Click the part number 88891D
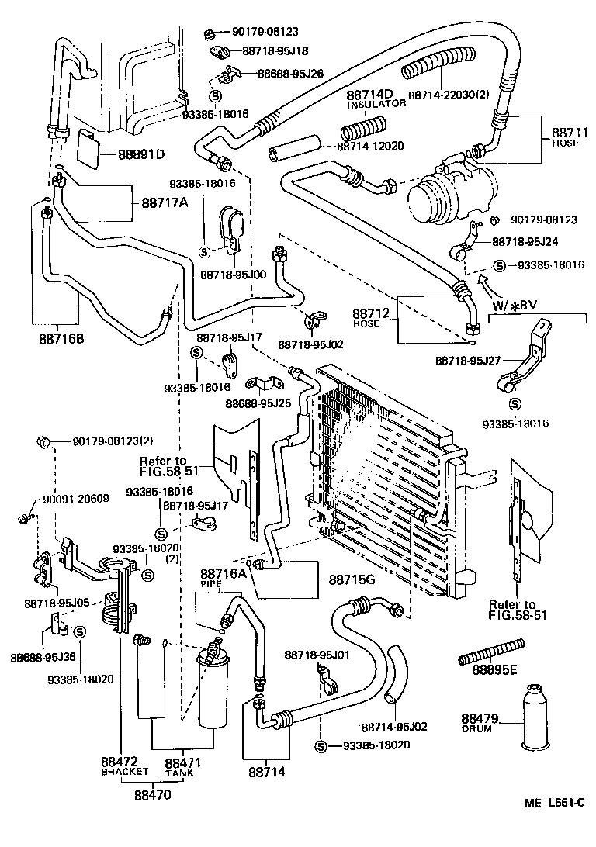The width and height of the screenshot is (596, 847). click(x=141, y=154)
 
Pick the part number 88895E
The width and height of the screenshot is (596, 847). click(x=494, y=669)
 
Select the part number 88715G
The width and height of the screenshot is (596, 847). click(x=352, y=579)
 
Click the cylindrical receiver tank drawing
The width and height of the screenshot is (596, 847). click(x=215, y=686)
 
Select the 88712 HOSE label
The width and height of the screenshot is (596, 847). click(x=367, y=318)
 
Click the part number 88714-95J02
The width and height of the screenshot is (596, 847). click(x=394, y=727)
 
